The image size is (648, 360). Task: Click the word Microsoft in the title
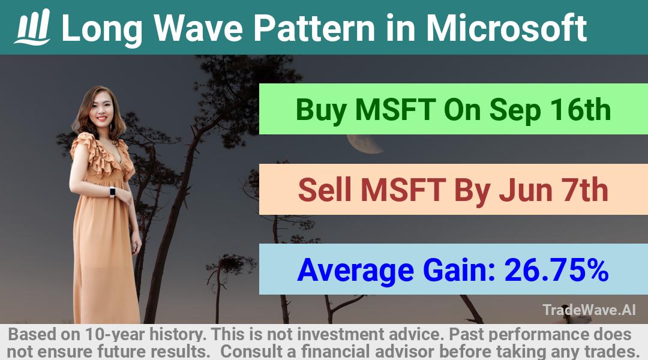(506, 28)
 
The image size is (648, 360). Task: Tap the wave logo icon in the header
(32, 27)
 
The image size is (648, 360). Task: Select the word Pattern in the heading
(314, 28)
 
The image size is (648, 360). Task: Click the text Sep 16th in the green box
(550, 110)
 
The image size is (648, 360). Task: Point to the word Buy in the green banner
(321, 110)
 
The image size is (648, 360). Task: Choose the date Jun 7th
(553, 190)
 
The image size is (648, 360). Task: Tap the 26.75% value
(556, 270)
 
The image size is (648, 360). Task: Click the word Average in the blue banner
(355, 271)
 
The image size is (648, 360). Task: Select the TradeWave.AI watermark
(589, 310)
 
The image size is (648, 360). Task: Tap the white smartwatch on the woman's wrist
(112, 192)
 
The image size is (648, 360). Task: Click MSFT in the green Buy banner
(395, 110)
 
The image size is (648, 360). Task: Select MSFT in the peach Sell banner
(403, 190)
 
